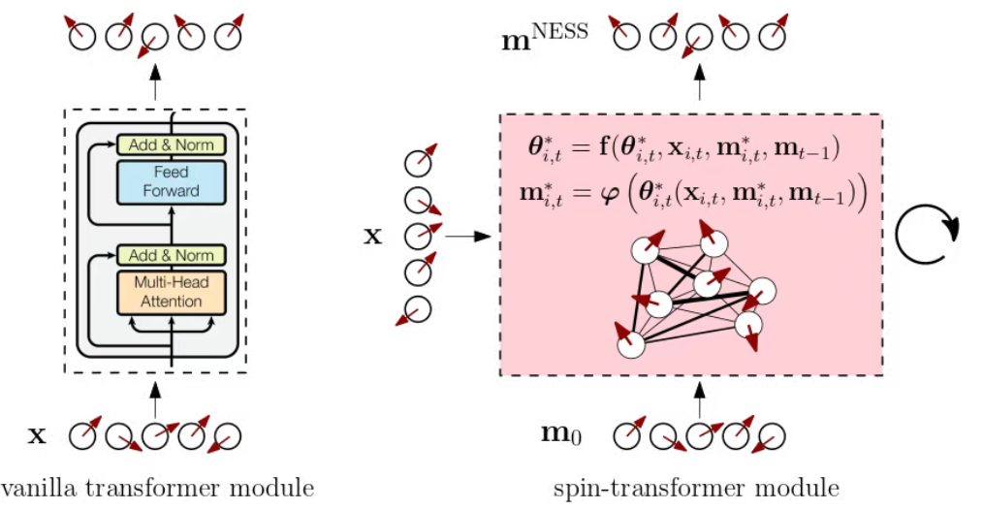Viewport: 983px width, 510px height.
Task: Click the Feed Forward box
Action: tap(171, 181)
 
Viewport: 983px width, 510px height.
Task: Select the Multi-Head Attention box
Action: tap(171, 292)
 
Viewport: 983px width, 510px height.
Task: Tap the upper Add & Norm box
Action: tap(171, 145)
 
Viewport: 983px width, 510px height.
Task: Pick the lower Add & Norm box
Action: tap(171, 256)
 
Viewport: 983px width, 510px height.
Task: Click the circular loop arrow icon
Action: tap(926, 234)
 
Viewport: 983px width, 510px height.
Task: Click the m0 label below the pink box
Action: tap(561, 433)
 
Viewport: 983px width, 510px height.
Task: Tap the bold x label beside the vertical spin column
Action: tap(372, 236)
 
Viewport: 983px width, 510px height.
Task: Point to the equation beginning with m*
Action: tap(691, 194)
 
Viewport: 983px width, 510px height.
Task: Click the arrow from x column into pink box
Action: tap(466, 236)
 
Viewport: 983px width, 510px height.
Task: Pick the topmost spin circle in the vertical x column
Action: tap(418, 161)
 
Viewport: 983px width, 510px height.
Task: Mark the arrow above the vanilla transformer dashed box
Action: tap(155, 85)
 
